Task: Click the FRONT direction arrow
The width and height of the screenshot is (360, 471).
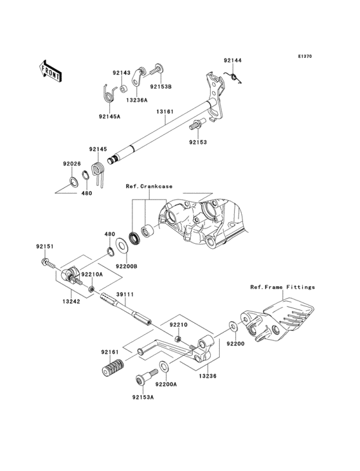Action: [51, 69]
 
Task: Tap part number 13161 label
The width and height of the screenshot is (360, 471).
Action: [164, 111]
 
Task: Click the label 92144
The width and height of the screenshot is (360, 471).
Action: [233, 60]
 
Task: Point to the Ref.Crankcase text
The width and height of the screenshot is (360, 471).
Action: [149, 186]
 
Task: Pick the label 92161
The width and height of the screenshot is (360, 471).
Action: [109, 352]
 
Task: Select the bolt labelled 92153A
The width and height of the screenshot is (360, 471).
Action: [141, 380]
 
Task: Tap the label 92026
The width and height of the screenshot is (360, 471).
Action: [71, 164]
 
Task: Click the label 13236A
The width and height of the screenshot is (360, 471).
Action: [136, 100]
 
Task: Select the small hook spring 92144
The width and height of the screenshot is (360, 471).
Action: [235, 78]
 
